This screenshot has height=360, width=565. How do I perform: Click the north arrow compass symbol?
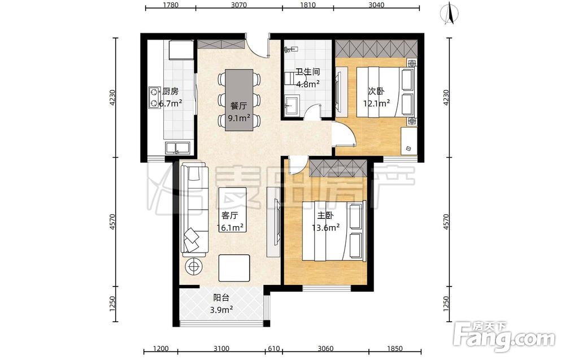[449, 13]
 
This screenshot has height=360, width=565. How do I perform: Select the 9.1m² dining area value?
[239, 118]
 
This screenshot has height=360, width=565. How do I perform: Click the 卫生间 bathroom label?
[308, 72]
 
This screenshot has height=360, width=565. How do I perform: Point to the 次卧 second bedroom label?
[376, 91]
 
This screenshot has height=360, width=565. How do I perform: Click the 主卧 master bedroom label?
[325, 215]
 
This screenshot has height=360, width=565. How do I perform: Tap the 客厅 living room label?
[229, 215]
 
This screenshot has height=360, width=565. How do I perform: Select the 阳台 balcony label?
[221, 298]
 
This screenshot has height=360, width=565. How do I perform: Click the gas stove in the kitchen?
[155, 97]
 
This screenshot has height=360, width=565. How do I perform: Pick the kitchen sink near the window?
[177, 148]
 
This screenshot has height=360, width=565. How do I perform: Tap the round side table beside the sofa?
[194, 267]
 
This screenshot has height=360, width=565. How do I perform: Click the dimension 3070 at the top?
[238, 5]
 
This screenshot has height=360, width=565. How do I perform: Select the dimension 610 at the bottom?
[274, 349]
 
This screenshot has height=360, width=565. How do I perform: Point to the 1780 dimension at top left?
[171, 5]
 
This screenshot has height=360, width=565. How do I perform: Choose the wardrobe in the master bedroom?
[338, 168]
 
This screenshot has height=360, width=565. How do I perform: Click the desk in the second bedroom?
[409, 142]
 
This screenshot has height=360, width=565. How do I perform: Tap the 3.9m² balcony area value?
[221, 309]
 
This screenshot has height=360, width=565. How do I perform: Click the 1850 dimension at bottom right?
[394, 349]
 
